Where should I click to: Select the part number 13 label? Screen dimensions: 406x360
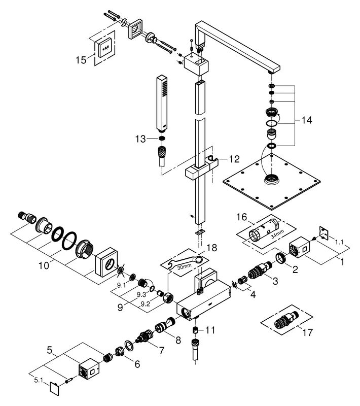coord(140,139)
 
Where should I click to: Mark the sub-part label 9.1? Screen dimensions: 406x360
coord(120,286)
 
